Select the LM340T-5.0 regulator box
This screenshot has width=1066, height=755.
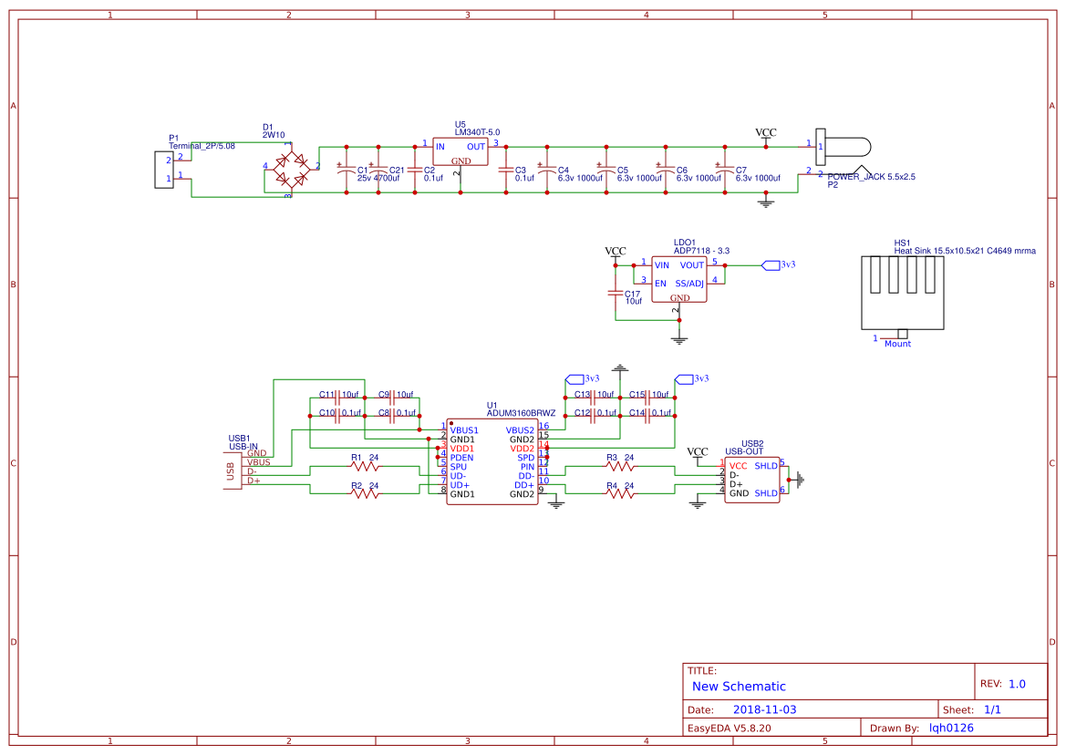[x=461, y=152]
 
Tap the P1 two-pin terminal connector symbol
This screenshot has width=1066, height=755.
[x=164, y=170]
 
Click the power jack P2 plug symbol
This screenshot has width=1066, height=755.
[x=843, y=146]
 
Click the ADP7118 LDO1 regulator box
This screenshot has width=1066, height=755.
[x=679, y=278]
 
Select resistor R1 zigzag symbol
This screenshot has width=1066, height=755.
[x=365, y=466]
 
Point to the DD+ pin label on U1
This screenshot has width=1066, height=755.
[x=523, y=484]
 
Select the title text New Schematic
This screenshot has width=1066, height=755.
[x=739, y=687]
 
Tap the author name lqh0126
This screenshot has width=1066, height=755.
[x=951, y=728]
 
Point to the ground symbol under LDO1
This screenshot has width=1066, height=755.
[x=678, y=339]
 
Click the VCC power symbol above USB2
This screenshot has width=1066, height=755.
[x=698, y=453]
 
